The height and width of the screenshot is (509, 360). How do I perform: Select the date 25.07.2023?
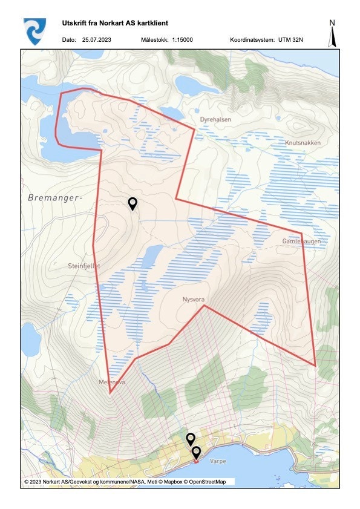coord(98,39)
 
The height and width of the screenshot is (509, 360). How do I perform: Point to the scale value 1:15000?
coord(182,39)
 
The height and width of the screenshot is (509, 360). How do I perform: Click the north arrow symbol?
coord(332,34)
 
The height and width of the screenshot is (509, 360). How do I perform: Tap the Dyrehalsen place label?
coord(215,119)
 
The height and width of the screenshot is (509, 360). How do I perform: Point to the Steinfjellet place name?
coord(84,266)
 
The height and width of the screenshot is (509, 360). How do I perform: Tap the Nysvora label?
coord(195,299)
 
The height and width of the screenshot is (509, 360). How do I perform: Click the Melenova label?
coord(111,383)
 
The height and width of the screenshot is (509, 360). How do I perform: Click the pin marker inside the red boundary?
coord(133,203)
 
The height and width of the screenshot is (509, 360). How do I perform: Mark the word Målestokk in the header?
coord(154,39)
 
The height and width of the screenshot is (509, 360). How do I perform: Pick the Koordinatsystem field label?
coord(251,39)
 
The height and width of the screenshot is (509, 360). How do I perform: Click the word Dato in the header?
coord(68,39)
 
